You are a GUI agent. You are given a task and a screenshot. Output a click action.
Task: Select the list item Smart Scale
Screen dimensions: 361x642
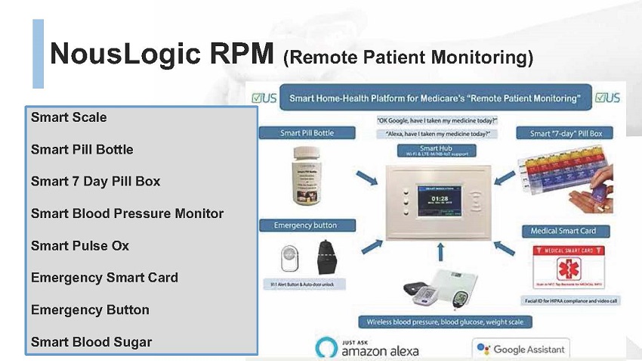pyautogui.click(x=69, y=117)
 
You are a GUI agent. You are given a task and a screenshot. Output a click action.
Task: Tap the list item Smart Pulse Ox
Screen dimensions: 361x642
pyautogui.click(x=80, y=246)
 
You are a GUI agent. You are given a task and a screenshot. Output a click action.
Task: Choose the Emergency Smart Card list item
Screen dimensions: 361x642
pyautogui.click(x=104, y=278)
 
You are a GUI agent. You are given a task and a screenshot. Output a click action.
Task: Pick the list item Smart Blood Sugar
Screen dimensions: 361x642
pyautogui.click(x=91, y=342)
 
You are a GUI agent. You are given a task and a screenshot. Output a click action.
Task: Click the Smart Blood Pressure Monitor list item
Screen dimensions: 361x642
pyautogui.click(x=127, y=213)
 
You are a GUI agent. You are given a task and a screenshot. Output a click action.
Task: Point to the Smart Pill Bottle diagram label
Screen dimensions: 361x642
pyautogui.click(x=307, y=133)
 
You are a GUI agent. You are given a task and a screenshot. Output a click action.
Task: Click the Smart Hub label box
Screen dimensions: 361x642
pyautogui.click(x=438, y=150)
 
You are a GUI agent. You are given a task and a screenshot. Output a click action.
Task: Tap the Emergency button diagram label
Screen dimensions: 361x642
pyautogui.click(x=305, y=226)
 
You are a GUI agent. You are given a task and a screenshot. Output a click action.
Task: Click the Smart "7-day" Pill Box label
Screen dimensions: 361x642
pyautogui.click(x=565, y=133)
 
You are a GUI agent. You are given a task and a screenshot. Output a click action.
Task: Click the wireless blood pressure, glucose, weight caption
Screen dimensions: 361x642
pyautogui.click(x=446, y=322)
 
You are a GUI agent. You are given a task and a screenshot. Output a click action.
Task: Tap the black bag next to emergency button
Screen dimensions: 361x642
pyautogui.click(x=326, y=258)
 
